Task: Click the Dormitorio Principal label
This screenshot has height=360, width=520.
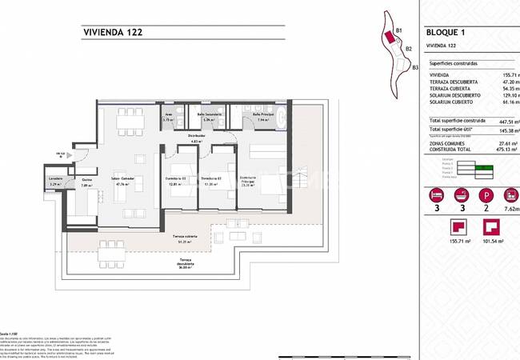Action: [x=248, y=178]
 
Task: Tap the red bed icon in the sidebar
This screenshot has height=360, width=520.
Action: [x=436, y=195]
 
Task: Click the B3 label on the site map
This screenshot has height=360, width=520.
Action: [x=414, y=68]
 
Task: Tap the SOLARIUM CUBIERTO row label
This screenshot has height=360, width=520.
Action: [x=450, y=102]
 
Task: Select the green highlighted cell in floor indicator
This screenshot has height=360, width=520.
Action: [x=484, y=167]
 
